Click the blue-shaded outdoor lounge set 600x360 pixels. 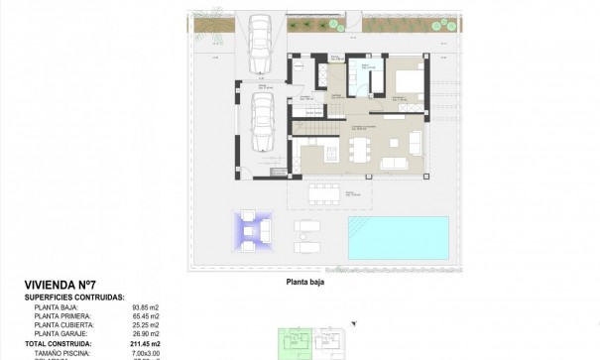coord(252,231)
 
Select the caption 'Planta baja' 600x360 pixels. coord(305,281)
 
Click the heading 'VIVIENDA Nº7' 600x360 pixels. coord(60,284)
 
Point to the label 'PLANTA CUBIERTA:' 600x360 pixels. coord(64,324)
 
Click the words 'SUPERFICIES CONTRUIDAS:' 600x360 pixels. coord(74,297)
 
